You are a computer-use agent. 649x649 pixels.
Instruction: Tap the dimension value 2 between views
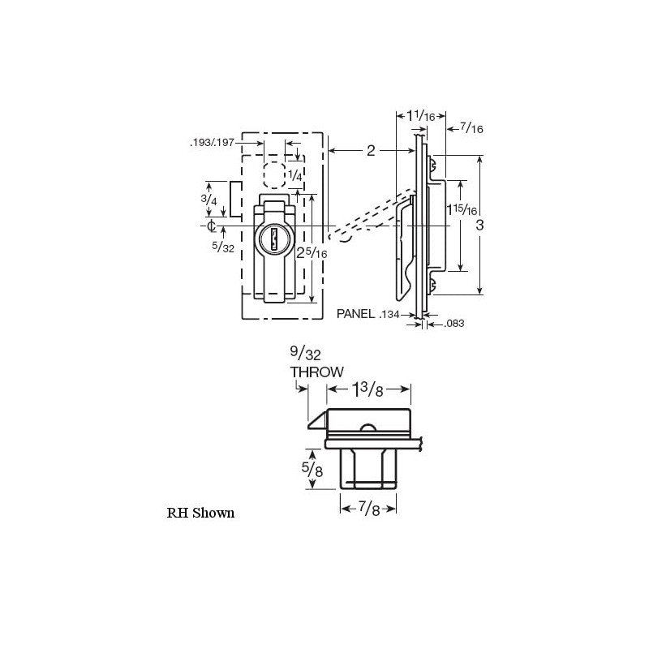371,150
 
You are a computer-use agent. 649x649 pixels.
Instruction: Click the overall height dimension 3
479,225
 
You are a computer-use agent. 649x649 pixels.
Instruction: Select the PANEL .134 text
376,313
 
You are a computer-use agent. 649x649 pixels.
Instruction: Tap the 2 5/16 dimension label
312,251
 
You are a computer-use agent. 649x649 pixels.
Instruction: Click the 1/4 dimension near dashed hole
296,176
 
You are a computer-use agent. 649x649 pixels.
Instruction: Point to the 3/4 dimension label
209,200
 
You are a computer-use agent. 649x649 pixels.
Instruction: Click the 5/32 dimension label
222,247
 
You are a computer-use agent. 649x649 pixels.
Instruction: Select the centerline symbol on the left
211,225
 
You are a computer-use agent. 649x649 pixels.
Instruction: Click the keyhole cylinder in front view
274,241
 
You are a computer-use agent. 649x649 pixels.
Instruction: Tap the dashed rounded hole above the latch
275,175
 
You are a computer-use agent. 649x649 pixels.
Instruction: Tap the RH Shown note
200,513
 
